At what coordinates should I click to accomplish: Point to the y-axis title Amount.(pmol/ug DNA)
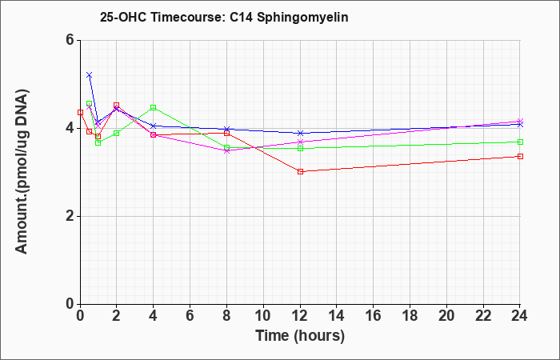click(x=22, y=171)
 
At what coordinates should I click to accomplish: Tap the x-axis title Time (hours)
click(x=300, y=336)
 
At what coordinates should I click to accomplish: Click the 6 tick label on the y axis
click(x=70, y=40)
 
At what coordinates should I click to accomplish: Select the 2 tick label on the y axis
click(x=70, y=216)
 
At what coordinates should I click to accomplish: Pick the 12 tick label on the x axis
click(x=300, y=316)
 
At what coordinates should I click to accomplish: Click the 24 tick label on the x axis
click(x=519, y=316)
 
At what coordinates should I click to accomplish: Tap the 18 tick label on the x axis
click(x=410, y=316)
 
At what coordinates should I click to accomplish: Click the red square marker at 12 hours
click(x=300, y=172)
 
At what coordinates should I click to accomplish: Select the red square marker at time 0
click(x=80, y=113)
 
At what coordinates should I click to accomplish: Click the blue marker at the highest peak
click(x=90, y=75)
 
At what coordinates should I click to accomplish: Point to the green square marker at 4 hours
click(x=154, y=107)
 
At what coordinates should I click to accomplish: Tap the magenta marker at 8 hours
click(x=226, y=150)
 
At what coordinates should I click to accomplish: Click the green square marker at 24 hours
click(x=520, y=142)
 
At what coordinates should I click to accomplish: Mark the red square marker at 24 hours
click(x=520, y=157)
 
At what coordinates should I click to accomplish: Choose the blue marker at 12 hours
click(x=300, y=134)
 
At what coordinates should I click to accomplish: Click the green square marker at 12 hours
click(x=300, y=148)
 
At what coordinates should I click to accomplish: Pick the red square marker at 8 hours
click(x=226, y=134)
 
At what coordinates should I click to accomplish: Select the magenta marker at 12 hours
click(x=300, y=142)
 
